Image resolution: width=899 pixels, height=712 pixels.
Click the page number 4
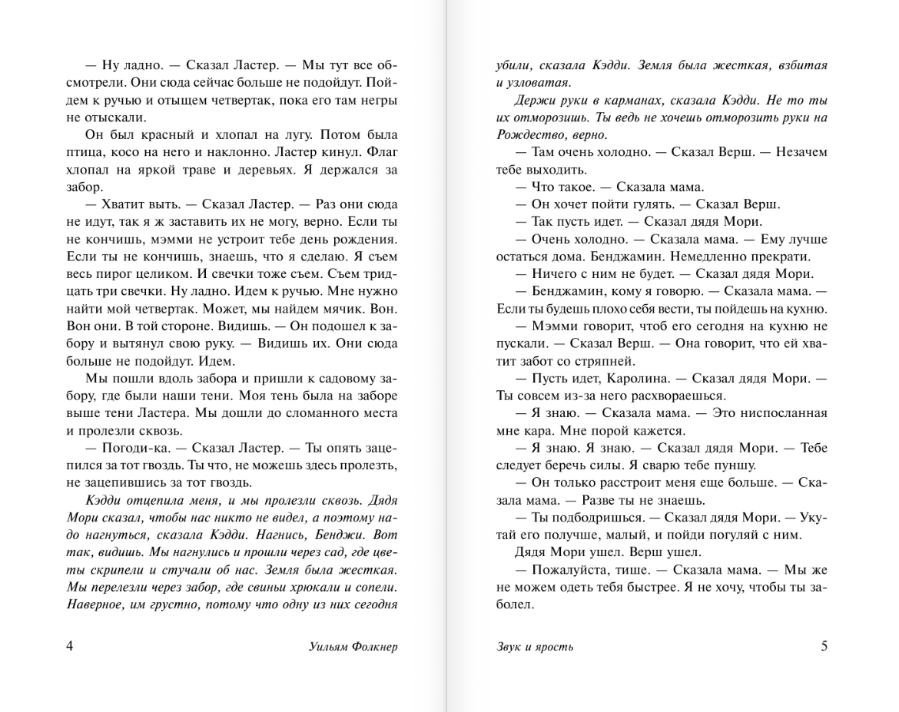71,646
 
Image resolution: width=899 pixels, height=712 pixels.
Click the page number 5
824,646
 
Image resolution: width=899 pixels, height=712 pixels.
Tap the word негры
378,100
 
